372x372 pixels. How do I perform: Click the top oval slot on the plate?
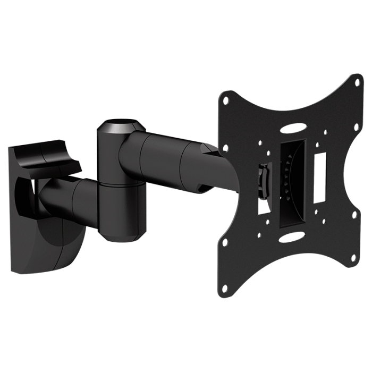pos(293,128)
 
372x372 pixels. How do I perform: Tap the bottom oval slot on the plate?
pos(291,236)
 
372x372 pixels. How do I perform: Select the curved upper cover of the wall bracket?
pos(48,154)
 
